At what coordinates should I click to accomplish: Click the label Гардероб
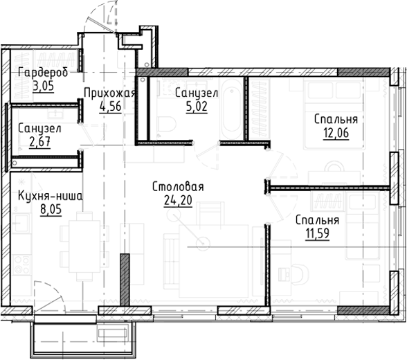(x=42, y=73)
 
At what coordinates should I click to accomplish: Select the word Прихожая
(x=109, y=93)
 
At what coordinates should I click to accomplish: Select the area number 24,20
(x=177, y=201)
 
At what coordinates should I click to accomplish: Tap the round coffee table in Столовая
(x=201, y=242)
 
